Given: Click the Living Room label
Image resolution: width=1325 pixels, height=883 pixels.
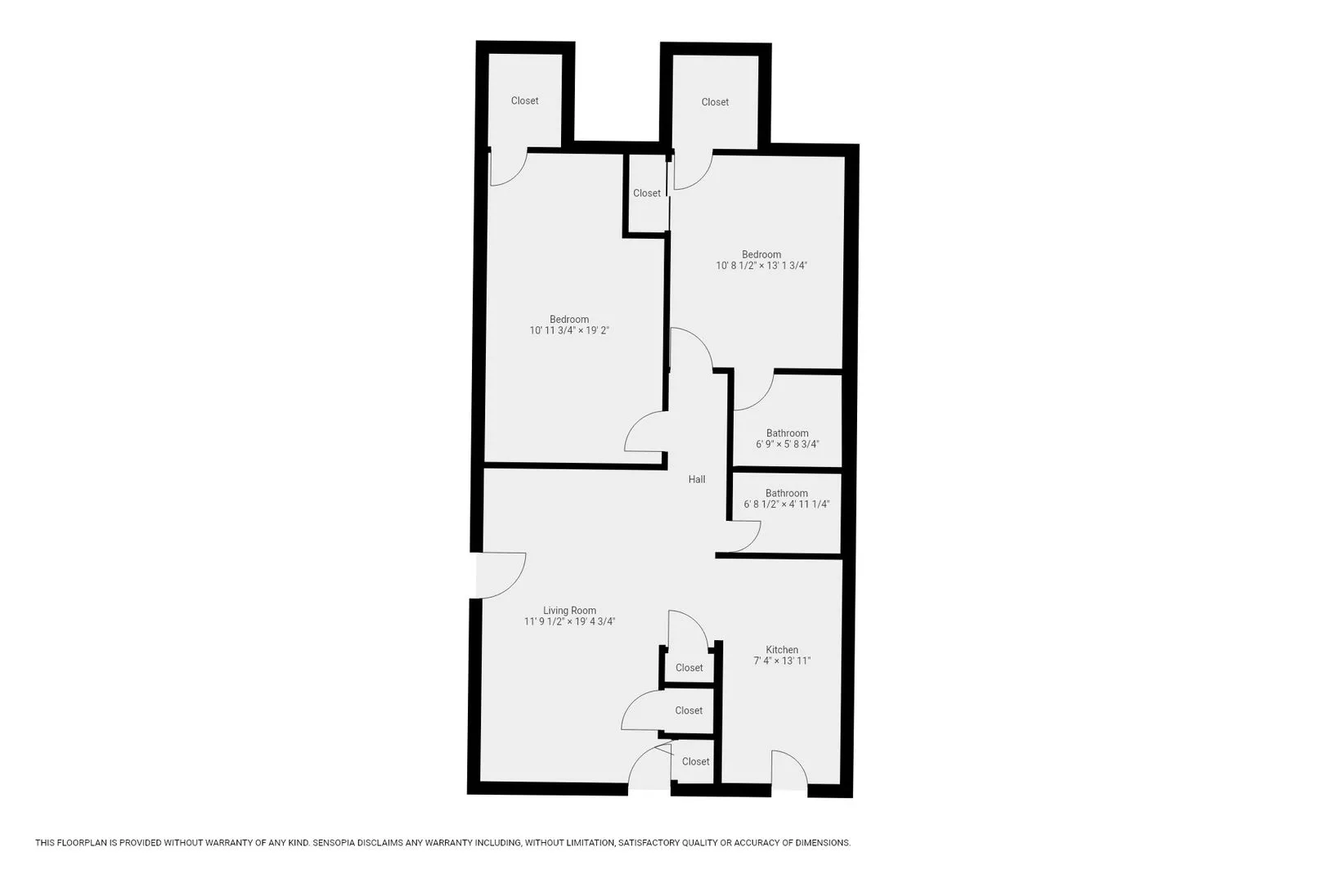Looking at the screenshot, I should click(x=569, y=610).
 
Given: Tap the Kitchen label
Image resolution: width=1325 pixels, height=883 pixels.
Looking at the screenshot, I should click(x=782, y=650).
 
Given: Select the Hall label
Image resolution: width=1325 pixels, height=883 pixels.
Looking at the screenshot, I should click(x=697, y=479).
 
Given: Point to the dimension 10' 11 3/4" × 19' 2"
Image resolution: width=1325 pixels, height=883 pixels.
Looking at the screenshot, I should click(x=569, y=330).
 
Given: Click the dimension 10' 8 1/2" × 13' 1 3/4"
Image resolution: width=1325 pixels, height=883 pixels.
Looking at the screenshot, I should click(x=761, y=266).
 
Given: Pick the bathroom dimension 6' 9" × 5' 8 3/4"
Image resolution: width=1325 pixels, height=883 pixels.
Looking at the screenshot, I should click(x=787, y=444).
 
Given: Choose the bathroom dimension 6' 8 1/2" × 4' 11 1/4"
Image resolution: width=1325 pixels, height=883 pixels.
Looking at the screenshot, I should click(x=786, y=504).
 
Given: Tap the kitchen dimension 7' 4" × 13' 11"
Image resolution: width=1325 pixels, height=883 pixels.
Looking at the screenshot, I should click(x=782, y=661).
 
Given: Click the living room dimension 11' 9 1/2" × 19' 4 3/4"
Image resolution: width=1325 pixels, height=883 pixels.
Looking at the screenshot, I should click(x=569, y=621).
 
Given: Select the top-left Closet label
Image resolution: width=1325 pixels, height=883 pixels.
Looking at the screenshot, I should click(x=524, y=101).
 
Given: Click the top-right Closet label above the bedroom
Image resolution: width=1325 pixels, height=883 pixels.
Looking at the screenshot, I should click(x=715, y=102).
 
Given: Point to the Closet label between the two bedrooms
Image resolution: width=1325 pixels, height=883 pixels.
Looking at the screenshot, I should click(x=646, y=193).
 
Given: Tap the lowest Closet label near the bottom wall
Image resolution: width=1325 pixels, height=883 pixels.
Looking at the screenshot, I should click(x=695, y=761).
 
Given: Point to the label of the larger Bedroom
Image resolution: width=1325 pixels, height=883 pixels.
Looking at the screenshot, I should click(x=569, y=320).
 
